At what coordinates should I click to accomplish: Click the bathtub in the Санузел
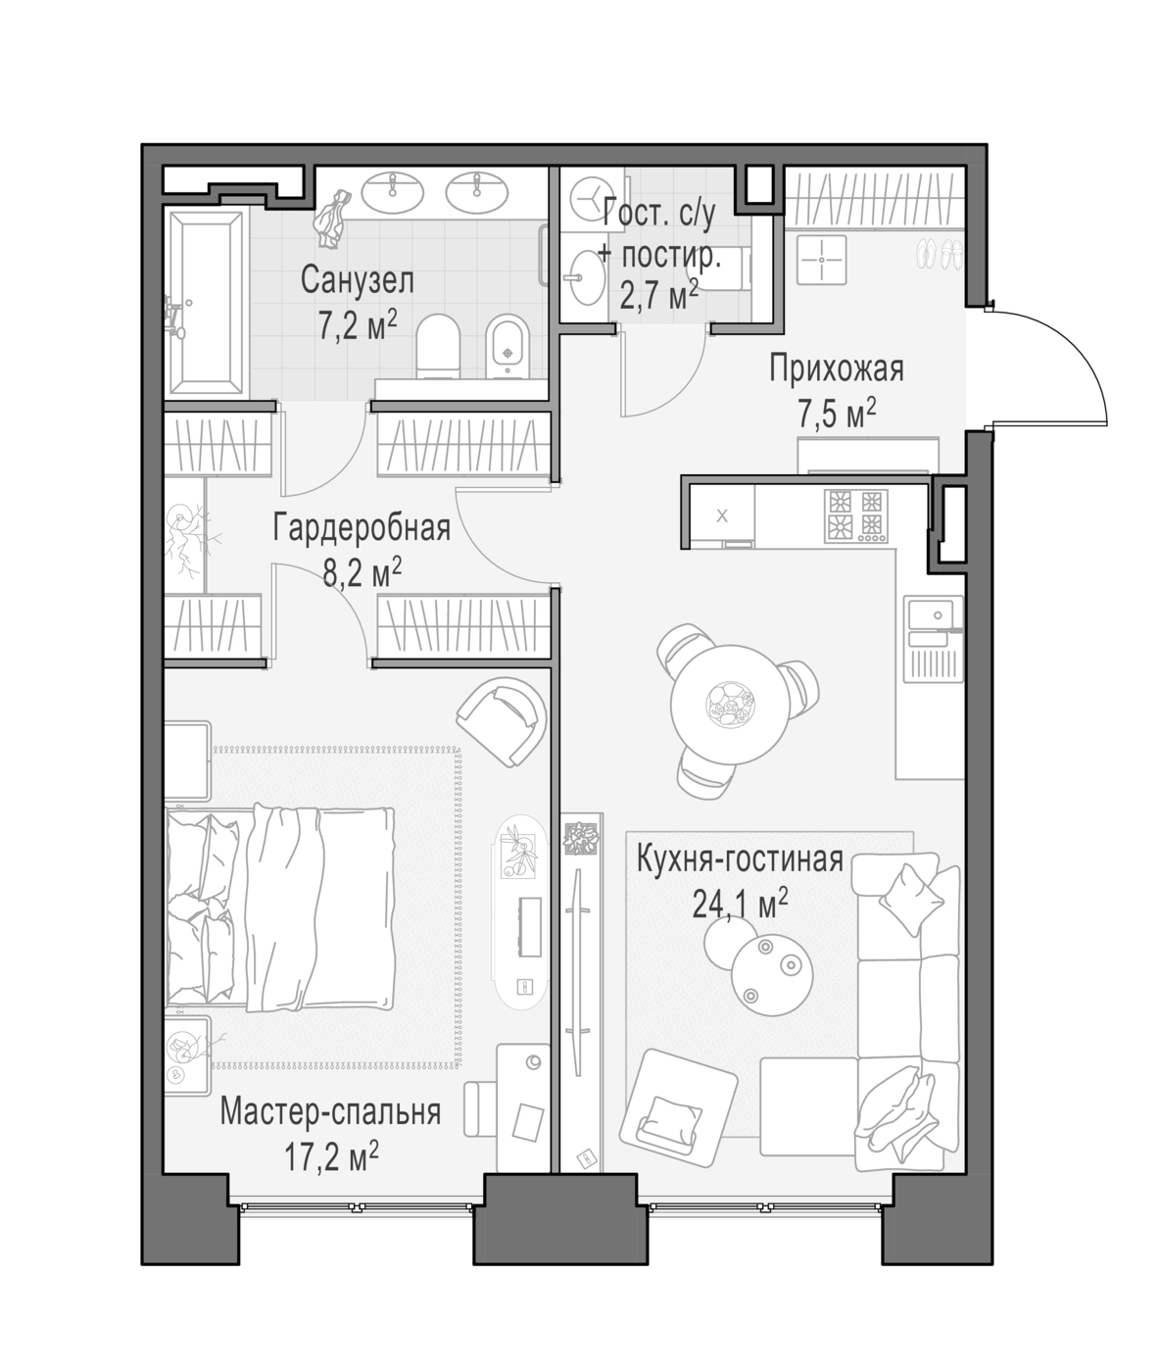pyautogui.click(x=206, y=305)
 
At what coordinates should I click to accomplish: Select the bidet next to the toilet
pyautogui.click(x=507, y=346)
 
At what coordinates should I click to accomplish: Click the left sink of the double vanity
pyautogui.click(x=392, y=192)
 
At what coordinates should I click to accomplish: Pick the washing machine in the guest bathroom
pyautogui.click(x=591, y=199)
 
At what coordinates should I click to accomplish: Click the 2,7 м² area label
pyautogui.click(x=658, y=295)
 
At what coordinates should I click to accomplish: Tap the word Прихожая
pyautogui.click(x=836, y=369)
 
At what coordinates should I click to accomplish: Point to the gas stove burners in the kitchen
pyautogui.click(x=856, y=515)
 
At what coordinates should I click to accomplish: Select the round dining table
pyautogui.click(x=730, y=705)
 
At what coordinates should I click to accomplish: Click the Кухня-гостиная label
pyautogui.click(x=740, y=859)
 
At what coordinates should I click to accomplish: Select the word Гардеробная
pyautogui.click(x=362, y=529)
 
